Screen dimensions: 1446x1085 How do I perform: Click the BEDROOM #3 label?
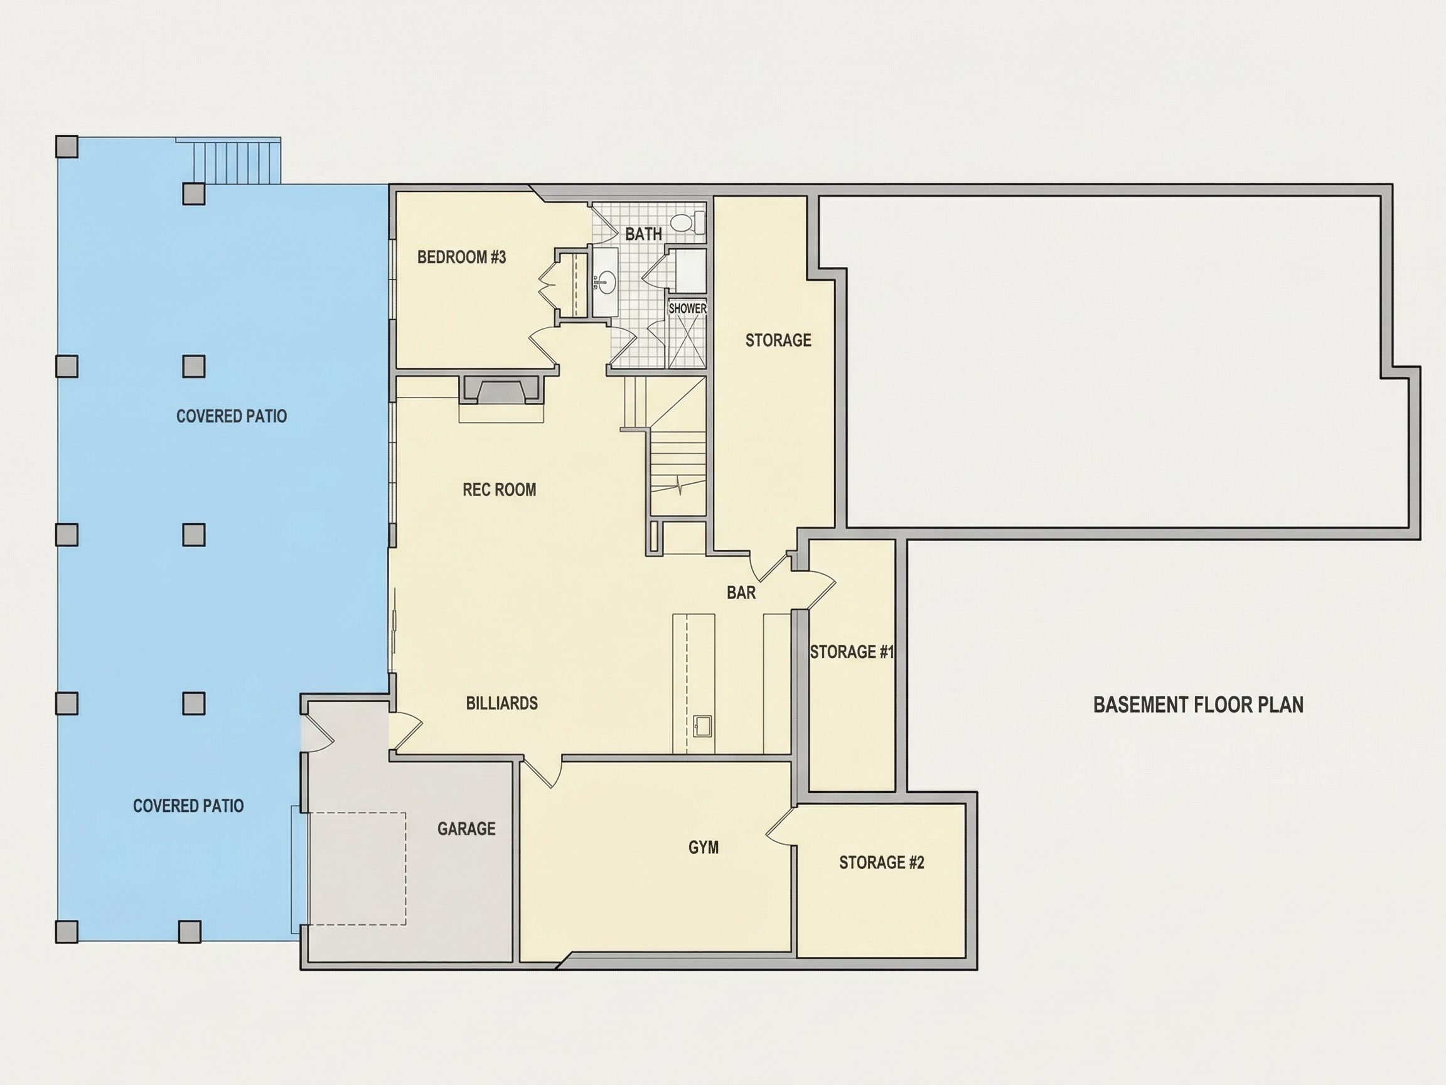click(461, 257)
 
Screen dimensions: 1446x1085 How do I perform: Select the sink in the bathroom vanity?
click(607, 282)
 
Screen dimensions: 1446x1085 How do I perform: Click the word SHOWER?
click(687, 308)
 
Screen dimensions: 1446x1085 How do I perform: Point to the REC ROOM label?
click(500, 490)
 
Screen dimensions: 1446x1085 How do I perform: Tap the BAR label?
click(741, 593)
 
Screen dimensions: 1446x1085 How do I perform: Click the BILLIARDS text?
click(502, 703)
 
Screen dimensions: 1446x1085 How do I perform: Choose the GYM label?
click(704, 848)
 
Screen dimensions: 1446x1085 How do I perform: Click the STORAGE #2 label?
click(882, 863)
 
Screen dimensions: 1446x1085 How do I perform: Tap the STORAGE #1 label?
click(852, 652)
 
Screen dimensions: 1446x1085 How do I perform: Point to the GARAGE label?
click(467, 829)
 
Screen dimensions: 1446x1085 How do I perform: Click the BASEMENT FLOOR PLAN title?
click(1198, 704)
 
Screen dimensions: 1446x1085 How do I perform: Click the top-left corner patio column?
click(67, 147)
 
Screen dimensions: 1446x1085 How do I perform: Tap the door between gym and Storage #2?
click(782, 826)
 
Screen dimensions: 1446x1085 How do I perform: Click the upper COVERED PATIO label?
click(232, 416)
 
